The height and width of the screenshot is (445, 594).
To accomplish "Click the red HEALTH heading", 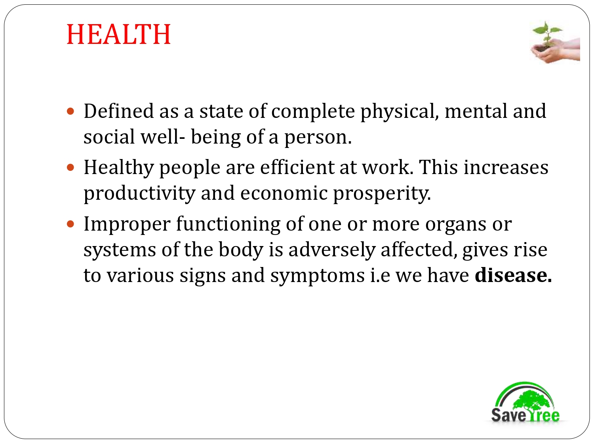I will pos(118,34).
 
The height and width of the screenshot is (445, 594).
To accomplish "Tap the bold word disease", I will pos(512,275).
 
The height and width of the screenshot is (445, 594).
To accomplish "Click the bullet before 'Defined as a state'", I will pos(71,111).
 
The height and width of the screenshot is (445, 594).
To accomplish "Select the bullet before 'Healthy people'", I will pos(71,167).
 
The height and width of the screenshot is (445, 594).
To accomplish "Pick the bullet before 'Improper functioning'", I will pos(71,224).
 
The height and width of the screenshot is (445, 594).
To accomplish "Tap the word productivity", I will pos(139,193).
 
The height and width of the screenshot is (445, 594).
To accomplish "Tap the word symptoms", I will pos(317,276).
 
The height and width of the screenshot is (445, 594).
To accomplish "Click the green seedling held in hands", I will pos(547,34).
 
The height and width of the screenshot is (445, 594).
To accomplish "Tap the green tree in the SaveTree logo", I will pos(531,400).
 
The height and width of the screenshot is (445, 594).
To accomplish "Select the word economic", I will pos(284,193).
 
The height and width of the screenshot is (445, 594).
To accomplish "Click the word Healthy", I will pos(118,168).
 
